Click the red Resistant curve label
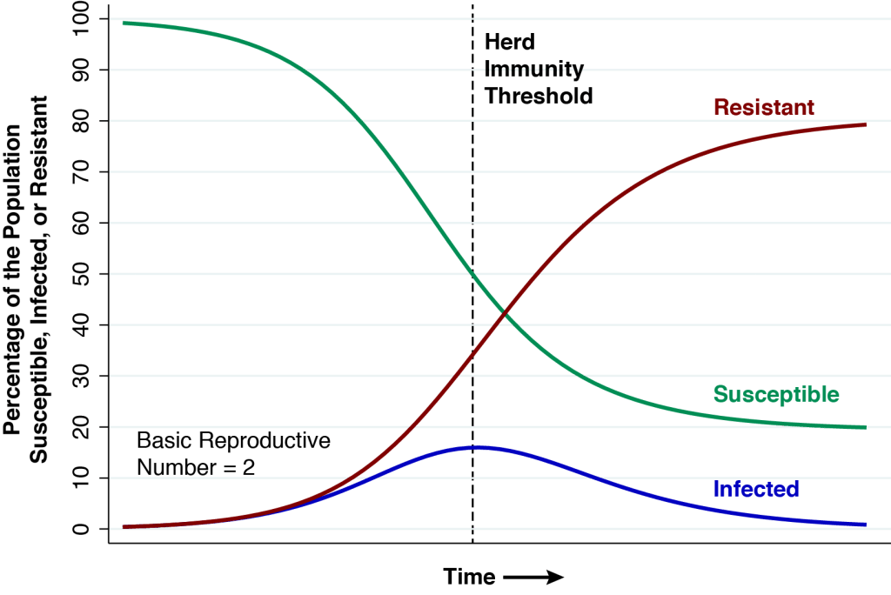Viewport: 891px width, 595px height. click(763, 108)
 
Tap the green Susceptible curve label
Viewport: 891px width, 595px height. click(776, 394)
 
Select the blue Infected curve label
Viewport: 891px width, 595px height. click(755, 489)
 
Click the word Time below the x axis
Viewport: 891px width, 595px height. click(469, 576)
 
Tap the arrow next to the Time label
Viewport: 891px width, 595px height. click(533, 576)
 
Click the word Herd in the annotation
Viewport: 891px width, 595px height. click(509, 41)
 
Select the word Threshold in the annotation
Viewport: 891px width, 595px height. click(539, 95)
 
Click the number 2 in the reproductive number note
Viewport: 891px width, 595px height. click(249, 467)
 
